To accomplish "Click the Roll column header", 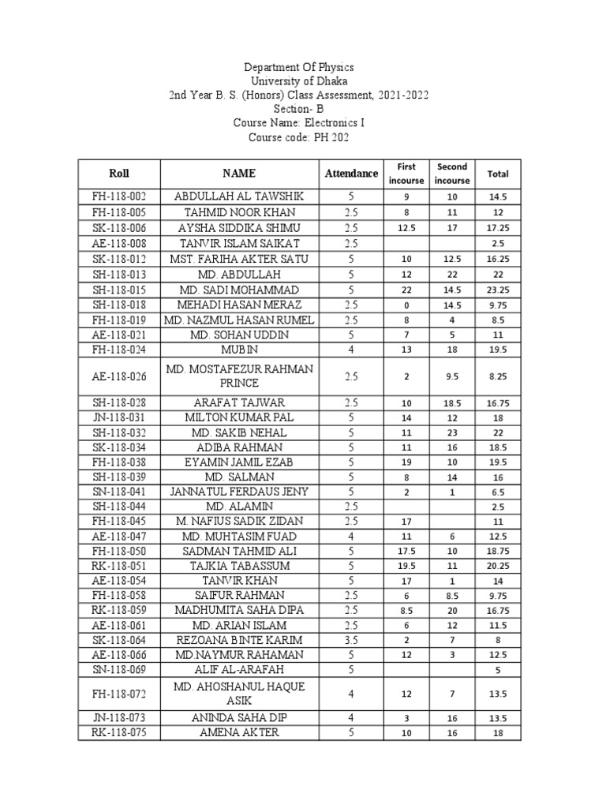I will click(120, 173).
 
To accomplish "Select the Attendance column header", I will click(351, 173).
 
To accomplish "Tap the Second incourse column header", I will click(452, 173).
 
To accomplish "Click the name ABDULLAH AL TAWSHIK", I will click(238, 195).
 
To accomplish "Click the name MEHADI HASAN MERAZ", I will click(238, 304).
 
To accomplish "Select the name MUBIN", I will click(238, 348).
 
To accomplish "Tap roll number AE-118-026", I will click(120, 376).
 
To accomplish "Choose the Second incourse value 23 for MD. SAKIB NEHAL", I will click(452, 433).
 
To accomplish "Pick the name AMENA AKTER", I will click(238, 731).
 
